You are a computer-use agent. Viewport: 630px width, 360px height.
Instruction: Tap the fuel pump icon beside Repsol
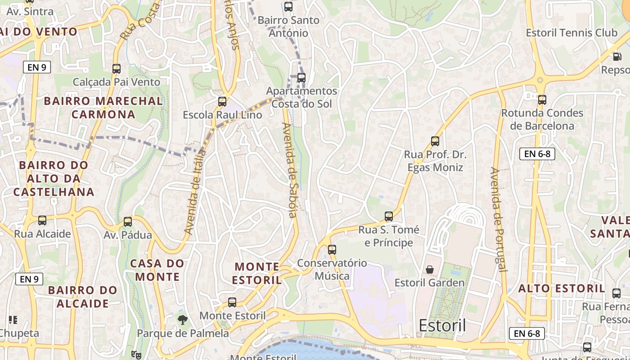(616, 56)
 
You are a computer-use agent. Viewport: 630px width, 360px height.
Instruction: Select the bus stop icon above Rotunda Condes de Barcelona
(542, 100)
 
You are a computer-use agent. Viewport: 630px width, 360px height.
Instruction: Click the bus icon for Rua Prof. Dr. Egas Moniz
(435, 141)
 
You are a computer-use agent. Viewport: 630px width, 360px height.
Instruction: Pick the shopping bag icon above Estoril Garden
(430, 270)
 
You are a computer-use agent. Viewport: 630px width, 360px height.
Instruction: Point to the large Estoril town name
(442, 325)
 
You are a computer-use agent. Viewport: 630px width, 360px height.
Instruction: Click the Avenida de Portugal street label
(499, 220)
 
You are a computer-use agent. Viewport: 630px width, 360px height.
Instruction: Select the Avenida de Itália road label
(195, 192)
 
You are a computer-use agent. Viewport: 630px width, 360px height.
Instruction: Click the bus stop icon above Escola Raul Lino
(222, 102)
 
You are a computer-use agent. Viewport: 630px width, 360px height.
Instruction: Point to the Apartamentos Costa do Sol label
(301, 97)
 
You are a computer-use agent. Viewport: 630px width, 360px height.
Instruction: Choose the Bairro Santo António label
(288, 27)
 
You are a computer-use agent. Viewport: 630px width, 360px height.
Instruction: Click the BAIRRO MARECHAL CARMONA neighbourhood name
(103, 108)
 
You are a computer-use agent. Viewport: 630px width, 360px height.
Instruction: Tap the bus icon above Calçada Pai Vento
(117, 69)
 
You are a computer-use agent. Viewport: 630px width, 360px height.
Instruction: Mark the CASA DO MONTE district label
(157, 270)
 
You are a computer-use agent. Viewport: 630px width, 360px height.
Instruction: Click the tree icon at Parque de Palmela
(182, 320)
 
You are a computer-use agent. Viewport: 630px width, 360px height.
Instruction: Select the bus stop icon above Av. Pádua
(128, 222)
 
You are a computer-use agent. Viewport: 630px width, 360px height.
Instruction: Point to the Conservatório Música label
(332, 269)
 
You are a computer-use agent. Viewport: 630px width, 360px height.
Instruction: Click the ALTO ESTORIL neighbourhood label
(562, 288)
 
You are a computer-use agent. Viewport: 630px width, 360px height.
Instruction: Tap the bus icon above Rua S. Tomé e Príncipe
(389, 216)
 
